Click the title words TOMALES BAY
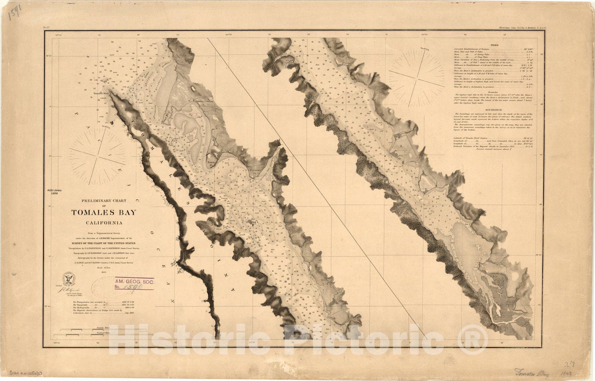coord(104,213)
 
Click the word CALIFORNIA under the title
coord(104,223)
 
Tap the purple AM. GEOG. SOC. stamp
coord(134,284)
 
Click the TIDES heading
coord(494,45)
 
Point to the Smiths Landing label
coord(201,101)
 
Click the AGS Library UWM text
coord(55,192)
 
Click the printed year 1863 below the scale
coord(104,272)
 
